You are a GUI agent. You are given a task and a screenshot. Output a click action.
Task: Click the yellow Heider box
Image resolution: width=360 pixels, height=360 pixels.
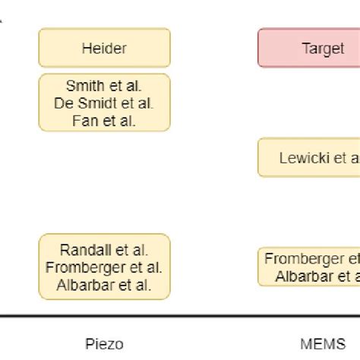point(104,48)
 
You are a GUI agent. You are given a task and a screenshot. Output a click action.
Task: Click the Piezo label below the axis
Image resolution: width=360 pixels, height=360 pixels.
point(105,343)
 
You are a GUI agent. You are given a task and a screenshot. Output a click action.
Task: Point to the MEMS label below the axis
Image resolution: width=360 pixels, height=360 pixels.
point(321,343)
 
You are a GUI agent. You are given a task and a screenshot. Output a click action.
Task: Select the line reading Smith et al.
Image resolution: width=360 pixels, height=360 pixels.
point(104,87)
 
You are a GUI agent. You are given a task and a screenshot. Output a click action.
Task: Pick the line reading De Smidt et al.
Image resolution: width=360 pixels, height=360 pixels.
point(104,103)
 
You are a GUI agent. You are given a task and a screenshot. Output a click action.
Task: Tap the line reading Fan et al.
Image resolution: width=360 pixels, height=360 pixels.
point(104,120)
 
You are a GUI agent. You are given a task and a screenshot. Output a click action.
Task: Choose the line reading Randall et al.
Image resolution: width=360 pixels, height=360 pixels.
point(104,249)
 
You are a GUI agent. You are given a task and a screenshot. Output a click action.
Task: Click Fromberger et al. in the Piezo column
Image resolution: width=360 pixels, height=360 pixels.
point(104,267)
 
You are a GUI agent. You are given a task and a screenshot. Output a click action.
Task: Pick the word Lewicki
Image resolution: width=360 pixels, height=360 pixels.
point(302,157)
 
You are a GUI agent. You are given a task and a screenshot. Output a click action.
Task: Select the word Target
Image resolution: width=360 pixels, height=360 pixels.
point(324,48)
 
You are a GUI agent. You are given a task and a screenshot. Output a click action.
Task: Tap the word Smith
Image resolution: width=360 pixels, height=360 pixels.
point(84,87)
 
